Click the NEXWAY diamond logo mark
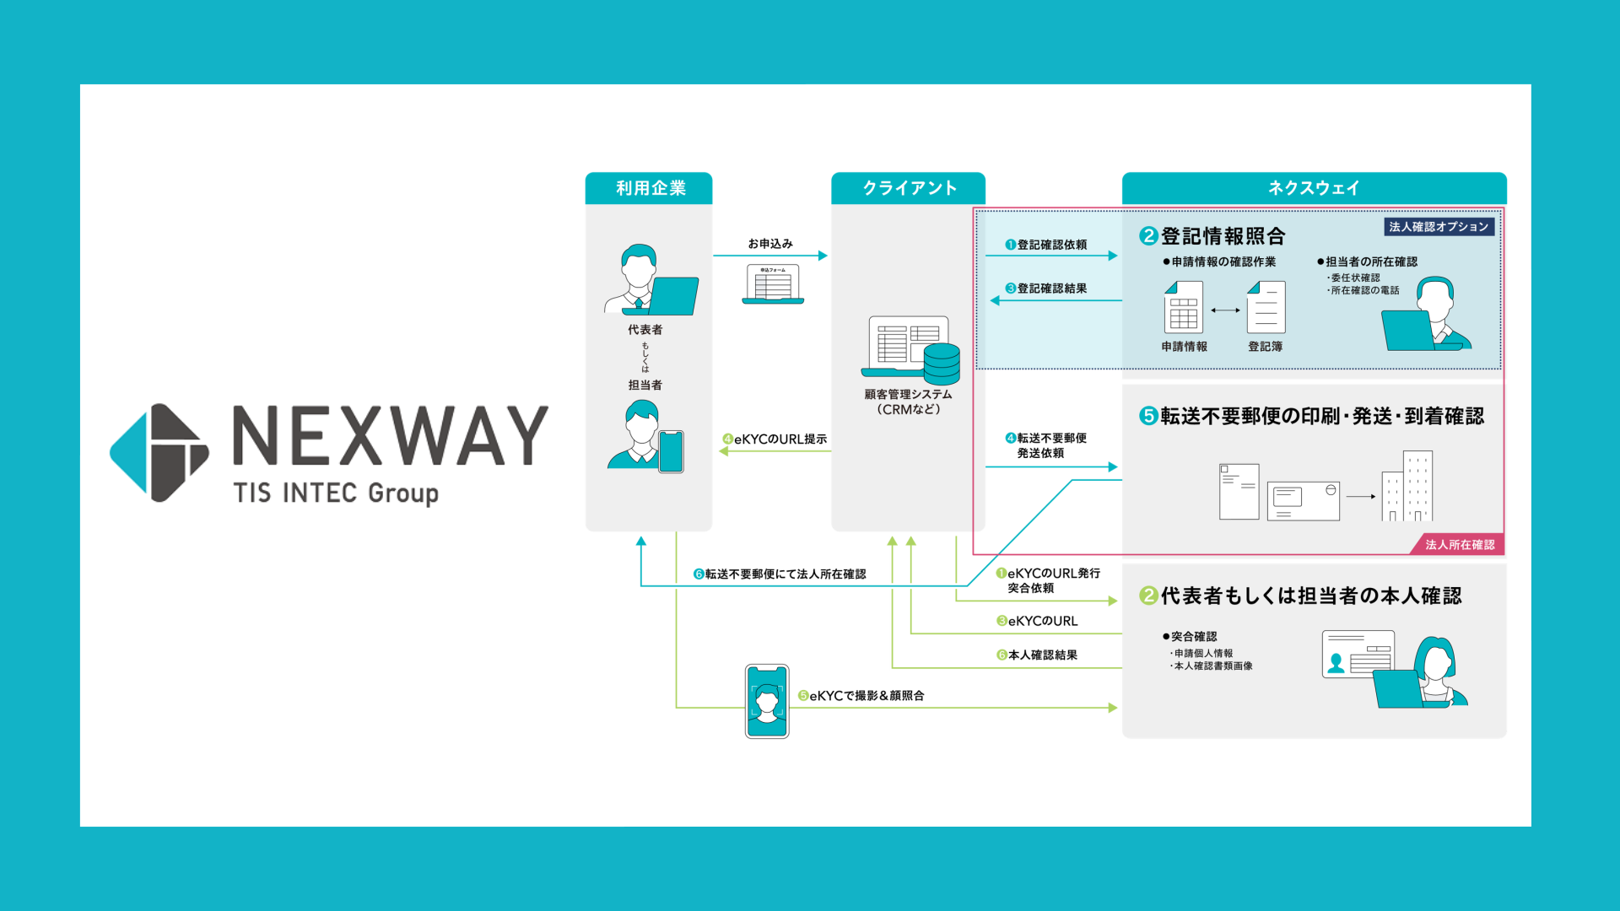(x=159, y=453)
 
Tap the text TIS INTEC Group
(x=336, y=493)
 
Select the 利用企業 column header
(x=649, y=188)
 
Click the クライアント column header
(x=908, y=188)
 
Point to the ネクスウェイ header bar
(x=1313, y=188)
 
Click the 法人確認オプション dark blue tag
(x=1439, y=227)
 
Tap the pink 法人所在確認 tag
(x=1460, y=545)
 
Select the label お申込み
(x=770, y=244)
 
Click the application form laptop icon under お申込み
(x=773, y=284)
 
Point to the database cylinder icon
(x=942, y=364)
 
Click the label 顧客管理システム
(x=908, y=394)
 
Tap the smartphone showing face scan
(x=767, y=701)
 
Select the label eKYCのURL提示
(x=780, y=439)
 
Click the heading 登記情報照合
(x=1223, y=236)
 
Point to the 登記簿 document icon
(x=1266, y=308)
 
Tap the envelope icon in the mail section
(x=1303, y=501)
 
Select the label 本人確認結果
(x=1042, y=655)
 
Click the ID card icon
(x=1358, y=655)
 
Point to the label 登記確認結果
(x=1051, y=288)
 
